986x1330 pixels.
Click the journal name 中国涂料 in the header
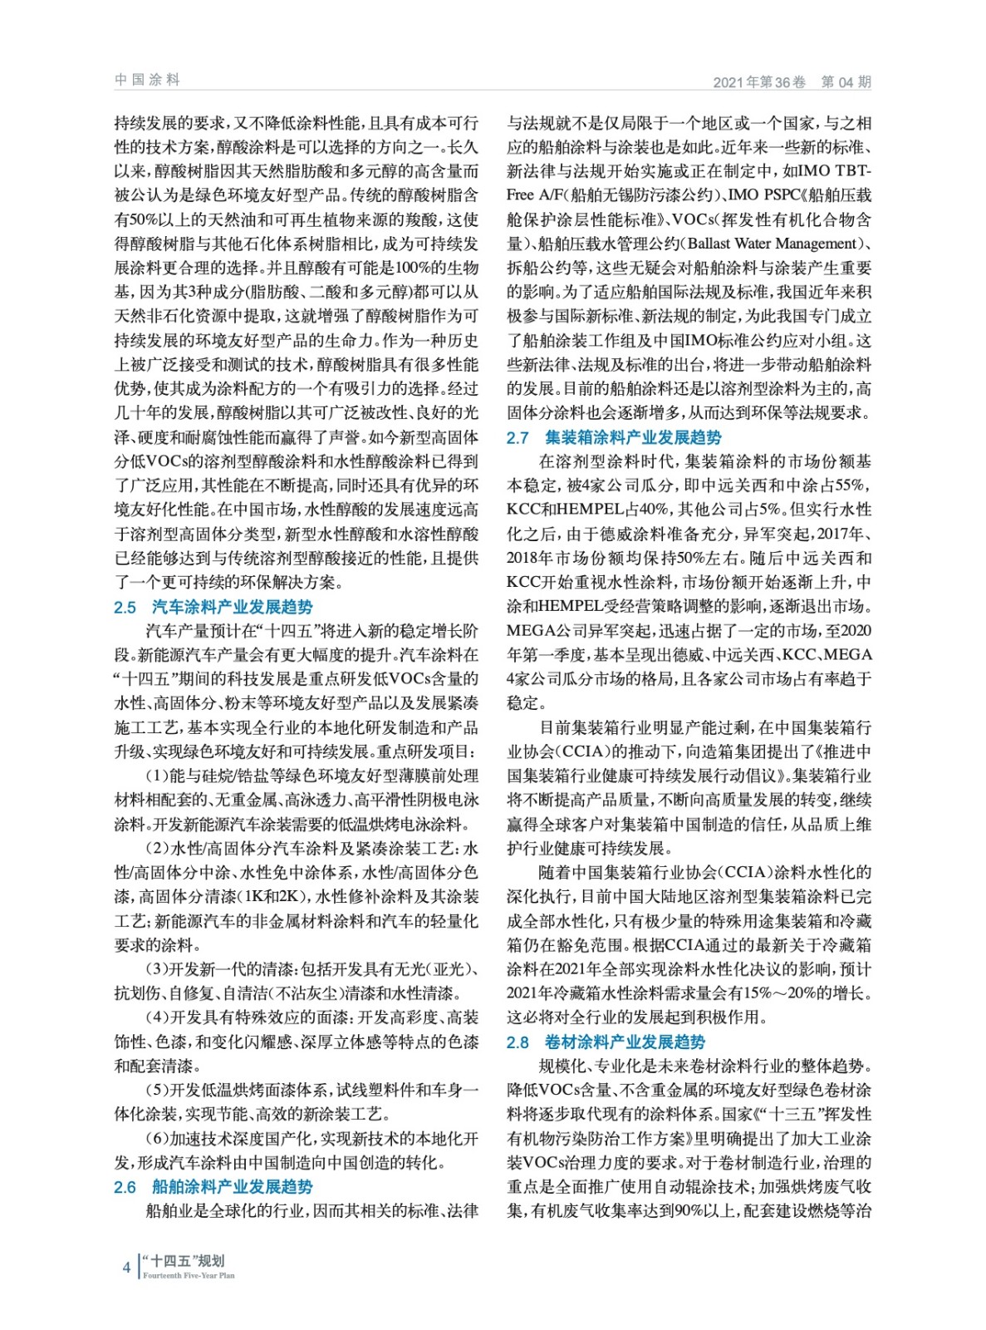tap(147, 80)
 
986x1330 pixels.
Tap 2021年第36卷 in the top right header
tap(759, 81)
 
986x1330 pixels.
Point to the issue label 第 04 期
tap(846, 81)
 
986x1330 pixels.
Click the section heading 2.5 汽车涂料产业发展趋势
tap(213, 607)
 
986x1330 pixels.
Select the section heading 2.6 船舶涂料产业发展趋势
tap(213, 1187)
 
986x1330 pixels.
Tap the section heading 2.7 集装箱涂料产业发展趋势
tap(614, 437)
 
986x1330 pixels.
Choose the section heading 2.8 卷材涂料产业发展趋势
tap(606, 1042)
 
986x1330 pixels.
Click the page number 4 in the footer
tap(126, 1267)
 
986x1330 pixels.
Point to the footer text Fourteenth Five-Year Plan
tap(189, 1275)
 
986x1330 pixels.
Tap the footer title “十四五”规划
tap(184, 1261)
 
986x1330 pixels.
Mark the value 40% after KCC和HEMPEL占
tap(652, 510)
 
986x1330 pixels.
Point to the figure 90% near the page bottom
tap(689, 1210)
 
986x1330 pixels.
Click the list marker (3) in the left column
tap(157, 969)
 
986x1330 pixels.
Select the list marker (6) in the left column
tap(157, 1139)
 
